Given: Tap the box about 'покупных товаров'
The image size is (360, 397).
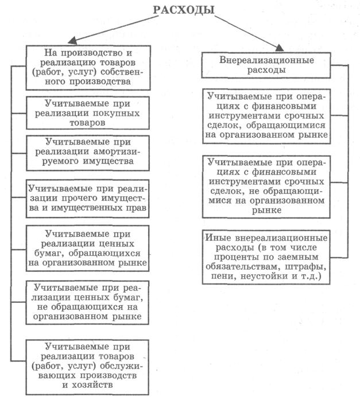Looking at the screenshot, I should pos(87,114).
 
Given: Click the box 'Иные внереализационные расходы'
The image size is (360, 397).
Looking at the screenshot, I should pos(267,257).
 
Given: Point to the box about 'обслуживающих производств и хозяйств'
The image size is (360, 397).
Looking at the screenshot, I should pos(87,365).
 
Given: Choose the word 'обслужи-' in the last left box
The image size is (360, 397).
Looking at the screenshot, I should pos(124,365).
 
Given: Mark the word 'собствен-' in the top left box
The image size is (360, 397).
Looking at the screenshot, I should pos(125,72).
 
